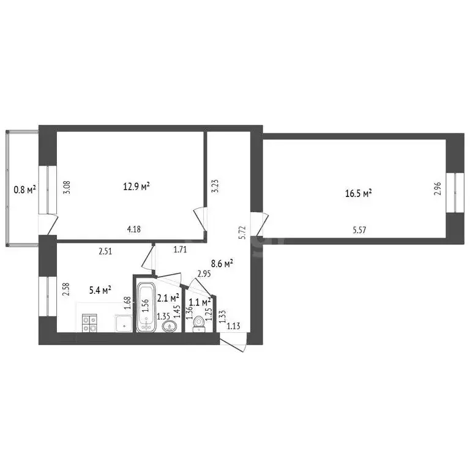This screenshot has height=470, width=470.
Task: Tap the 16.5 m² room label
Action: coord(359,193)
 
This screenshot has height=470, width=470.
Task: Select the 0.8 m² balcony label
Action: coord(24,189)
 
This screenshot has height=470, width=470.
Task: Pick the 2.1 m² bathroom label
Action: coord(168,298)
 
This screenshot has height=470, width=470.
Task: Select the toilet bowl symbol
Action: coord(198,329)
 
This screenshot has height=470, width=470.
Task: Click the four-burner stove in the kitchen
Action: coord(90,323)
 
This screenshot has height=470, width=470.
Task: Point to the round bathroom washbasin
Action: coord(168,326)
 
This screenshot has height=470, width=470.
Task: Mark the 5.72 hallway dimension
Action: coord(243,233)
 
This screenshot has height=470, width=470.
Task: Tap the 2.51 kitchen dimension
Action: coord(107,250)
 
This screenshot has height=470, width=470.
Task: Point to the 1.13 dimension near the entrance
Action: coord(233,326)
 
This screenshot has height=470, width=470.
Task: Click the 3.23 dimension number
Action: coord(214,186)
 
